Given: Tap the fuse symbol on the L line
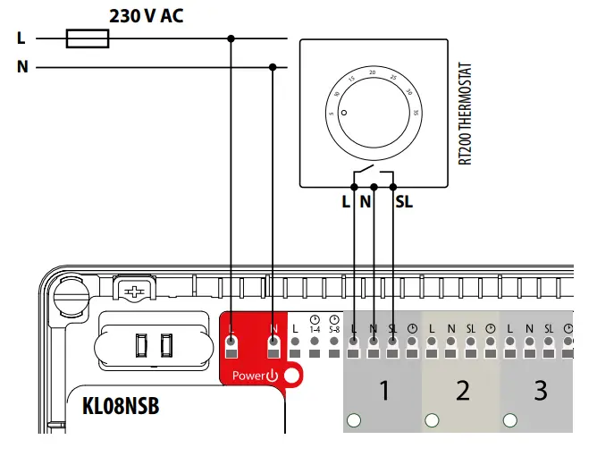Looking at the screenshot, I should click(x=88, y=38).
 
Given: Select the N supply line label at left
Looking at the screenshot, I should click(x=21, y=67).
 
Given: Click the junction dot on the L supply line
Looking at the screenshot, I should click(x=231, y=38).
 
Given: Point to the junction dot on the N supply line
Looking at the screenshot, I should click(x=272, y=67).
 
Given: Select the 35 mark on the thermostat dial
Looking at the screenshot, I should click(x=417, y=112).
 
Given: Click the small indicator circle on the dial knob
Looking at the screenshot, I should click(x=341, y=106).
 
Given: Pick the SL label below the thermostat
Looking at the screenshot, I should click(x=403, y=202).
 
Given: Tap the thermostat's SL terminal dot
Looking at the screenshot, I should click(x=393, y=187).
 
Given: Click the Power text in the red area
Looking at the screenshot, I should click(x=246, y=376).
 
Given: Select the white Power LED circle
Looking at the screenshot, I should click(x=290, y=376).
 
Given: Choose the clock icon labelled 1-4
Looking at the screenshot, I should click(x=315, y=320).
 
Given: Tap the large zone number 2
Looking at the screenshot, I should click(x=462, y=391).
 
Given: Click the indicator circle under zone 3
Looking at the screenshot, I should click(x=511, y=419).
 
